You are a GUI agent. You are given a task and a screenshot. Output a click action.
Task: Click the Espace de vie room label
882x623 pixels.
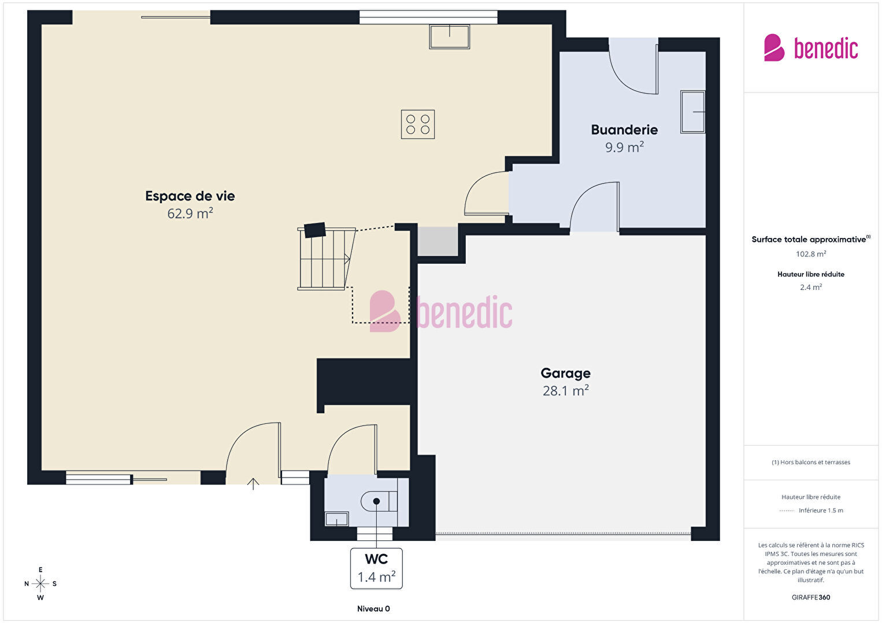[190, 196]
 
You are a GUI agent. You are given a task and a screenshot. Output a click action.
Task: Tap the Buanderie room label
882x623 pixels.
[624, 130]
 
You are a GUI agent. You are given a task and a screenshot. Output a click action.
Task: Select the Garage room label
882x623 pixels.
[565, 373]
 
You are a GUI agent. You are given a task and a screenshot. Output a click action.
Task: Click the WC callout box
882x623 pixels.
[376, 568]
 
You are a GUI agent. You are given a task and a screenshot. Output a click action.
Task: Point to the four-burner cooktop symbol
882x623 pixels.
[418, 124]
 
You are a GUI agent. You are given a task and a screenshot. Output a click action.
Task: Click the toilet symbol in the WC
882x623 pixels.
[379, 501]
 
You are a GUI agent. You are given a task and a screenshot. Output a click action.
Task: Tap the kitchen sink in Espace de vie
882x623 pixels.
[449, 36]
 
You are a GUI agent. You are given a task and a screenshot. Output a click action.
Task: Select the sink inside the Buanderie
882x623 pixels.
[692, 112]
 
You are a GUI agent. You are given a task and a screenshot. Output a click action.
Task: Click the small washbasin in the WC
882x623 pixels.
[336, 518]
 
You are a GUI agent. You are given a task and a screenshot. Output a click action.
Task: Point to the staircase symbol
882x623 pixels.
[327, 257]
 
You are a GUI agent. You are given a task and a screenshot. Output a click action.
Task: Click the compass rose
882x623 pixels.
[40, 584]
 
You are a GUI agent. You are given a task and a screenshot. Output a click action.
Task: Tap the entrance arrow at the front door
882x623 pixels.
[253, 484]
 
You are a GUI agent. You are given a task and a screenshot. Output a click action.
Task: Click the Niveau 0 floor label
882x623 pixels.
[373, 609]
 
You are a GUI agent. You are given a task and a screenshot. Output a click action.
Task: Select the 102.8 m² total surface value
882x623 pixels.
[811, 253]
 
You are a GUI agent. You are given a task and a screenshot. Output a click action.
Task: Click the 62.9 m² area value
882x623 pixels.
[190, 213]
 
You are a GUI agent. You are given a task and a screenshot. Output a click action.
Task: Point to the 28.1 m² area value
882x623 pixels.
[565, 390]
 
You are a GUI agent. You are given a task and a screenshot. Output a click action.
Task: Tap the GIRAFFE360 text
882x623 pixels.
[811, 597]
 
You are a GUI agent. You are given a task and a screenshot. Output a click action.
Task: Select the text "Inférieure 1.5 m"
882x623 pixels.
[821, 510]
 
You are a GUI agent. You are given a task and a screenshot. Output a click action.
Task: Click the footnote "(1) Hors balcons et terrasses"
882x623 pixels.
[811, 462]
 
